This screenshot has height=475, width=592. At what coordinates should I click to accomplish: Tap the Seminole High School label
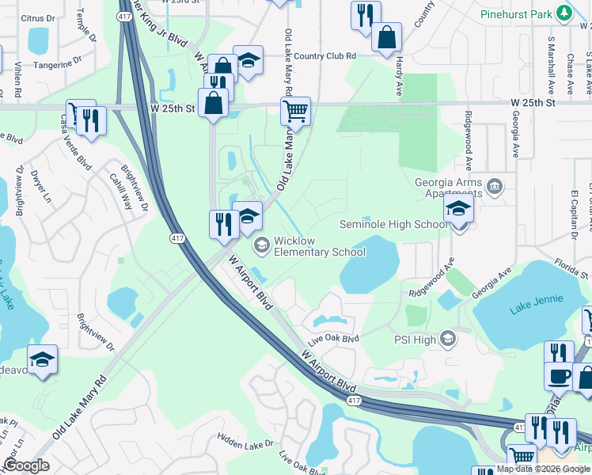(x=393, y=224)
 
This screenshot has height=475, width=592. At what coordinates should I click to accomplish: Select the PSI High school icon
(x=448, y=339)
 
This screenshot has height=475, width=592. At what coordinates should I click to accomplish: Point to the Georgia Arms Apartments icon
(x=495, y=187)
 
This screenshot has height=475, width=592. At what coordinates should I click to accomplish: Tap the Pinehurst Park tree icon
(x=563, y=13)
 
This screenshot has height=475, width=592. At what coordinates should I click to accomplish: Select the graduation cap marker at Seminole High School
(x=458, y=211)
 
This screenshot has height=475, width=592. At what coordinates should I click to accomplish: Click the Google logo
(x=26, y=465)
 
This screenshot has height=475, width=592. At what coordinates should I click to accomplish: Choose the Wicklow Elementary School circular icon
(x=260, y=246)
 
